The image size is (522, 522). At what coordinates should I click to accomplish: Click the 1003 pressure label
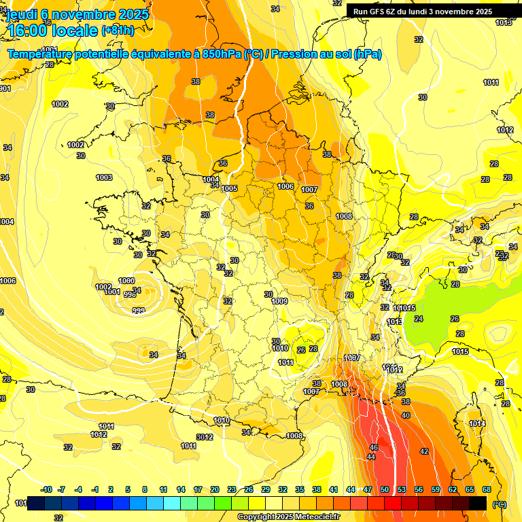pos(104,177)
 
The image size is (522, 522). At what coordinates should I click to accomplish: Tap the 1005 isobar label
pos(229,188)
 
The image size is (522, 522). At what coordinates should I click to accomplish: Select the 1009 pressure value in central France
pos(279,301)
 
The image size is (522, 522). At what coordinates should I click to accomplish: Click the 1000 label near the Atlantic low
pos(126,281)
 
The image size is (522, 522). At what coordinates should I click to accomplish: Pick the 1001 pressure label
pos(113,292)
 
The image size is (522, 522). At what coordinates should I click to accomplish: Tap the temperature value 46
pos(373,447)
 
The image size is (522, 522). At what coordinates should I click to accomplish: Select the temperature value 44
pos(370,457)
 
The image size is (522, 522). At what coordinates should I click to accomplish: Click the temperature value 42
pos(424,451)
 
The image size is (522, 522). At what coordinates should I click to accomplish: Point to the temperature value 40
pos(406,415)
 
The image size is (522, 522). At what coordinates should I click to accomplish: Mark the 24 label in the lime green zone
pos(419,319)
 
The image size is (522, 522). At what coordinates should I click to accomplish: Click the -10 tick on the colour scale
pos(46,489)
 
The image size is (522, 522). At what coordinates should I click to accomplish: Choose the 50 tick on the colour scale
pos(385,489)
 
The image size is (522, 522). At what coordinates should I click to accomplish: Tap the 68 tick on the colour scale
pos(487,489)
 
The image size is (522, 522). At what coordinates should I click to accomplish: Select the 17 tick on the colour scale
pos(198,489)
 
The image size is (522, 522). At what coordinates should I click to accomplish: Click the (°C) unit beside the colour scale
pos(499,504)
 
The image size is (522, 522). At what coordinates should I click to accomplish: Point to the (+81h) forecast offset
pos(118,31)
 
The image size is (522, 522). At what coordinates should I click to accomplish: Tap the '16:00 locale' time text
pos(51,30)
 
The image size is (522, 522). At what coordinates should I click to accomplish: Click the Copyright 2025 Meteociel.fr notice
pos(288,517)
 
